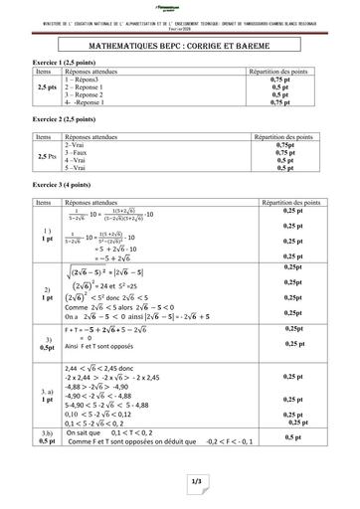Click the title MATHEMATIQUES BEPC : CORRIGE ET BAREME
[x=180, y=45]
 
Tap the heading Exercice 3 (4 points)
[x=41, y=186]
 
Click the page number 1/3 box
[x=180, y=482]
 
